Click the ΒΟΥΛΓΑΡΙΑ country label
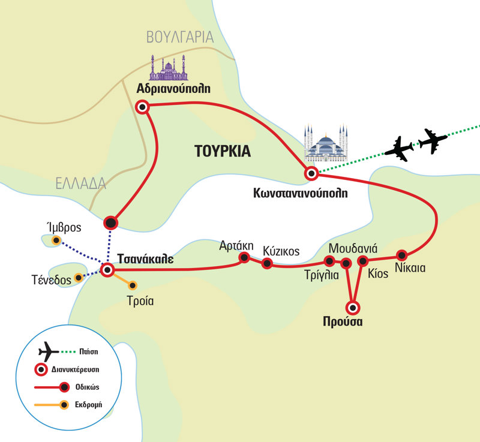180,37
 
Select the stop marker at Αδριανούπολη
142,107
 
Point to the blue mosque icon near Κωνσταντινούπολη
326,144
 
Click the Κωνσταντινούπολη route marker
311,174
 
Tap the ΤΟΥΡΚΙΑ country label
222,151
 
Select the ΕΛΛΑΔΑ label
81,184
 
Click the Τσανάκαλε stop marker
107,270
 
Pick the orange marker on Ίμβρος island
56,241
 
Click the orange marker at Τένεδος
78,278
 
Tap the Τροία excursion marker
133,285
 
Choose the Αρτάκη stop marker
244,258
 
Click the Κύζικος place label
281,251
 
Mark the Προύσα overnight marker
353,308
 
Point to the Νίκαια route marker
402,254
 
